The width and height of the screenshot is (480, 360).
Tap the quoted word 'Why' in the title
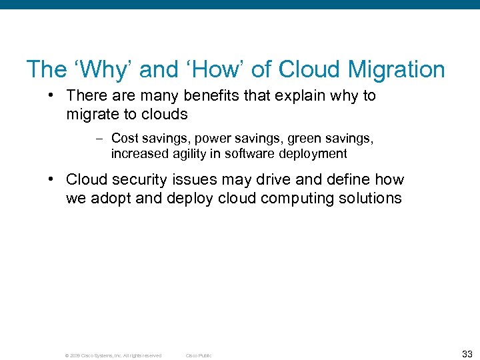[101, 69]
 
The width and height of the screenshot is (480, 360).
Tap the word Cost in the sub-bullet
[125, 138]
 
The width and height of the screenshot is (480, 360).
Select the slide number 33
[467, 354]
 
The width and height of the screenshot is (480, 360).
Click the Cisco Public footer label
[199, 356]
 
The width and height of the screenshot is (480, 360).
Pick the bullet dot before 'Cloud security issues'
[51, 180]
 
